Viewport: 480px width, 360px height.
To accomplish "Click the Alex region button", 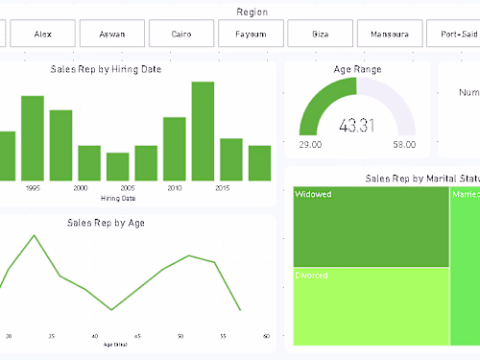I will [43, 34].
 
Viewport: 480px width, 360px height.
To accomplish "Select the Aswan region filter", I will [111, 34].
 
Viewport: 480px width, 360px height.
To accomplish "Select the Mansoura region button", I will [390, 34].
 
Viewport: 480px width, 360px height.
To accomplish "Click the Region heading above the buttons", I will [252, 12].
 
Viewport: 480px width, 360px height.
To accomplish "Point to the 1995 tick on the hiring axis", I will [33, 188].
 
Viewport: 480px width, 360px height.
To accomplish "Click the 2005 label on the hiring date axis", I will [127, 188].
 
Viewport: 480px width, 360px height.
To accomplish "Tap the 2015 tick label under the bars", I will [222, 188].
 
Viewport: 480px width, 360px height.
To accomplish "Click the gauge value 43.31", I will [356, 126].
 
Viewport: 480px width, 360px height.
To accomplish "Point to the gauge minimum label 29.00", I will [310, 145].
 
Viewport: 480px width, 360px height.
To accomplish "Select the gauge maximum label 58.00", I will [403, 145].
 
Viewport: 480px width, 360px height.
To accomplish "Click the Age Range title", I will [356, 69].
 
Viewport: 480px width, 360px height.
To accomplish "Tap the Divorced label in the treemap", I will [313, 276].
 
